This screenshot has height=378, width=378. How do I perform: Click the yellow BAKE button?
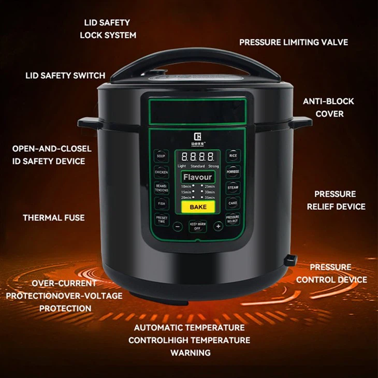pos(197,207)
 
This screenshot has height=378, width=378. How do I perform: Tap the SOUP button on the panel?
pos(161,155)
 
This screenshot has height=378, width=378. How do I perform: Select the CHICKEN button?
pos(161,172)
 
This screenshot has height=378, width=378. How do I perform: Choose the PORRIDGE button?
pos(233,171)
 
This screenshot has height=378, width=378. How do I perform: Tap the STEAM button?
pos(233,187)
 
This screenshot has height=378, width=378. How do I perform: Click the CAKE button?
pos(233,203)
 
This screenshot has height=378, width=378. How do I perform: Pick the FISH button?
pos(161,203)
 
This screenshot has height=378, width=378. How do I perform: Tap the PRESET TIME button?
pos(161,220)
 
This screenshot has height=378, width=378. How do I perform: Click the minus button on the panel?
pos(178,226)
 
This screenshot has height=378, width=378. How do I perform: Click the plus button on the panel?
pos(218,226)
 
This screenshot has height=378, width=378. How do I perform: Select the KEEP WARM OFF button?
pos(197,227)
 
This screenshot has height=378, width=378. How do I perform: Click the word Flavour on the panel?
pos(197,178)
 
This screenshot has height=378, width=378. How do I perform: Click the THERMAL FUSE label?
pos(53,218)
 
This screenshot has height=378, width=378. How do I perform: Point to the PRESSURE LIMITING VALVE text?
pos(293,42)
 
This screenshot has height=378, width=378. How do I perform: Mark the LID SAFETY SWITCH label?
pos(65,76)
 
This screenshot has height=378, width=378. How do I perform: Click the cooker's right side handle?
pos(301,123)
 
